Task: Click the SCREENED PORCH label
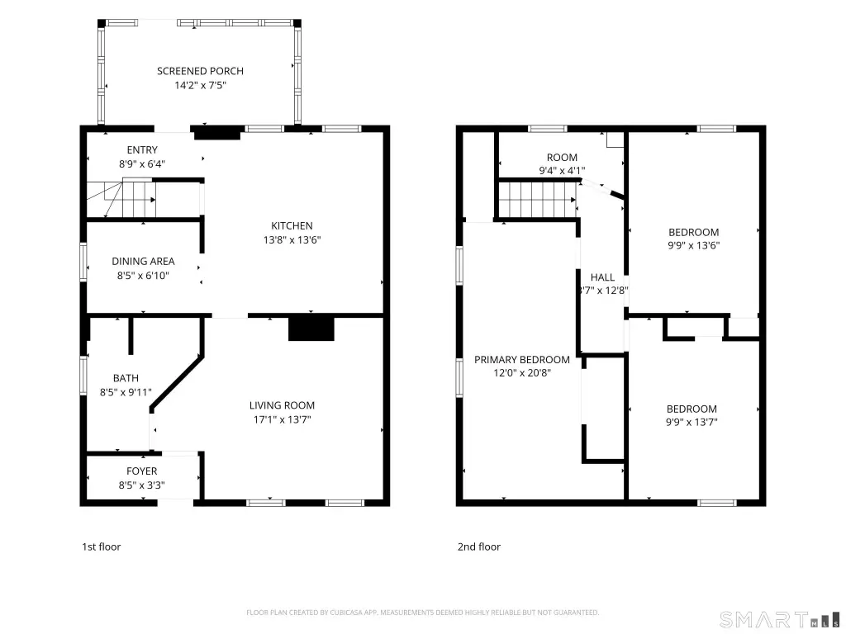(x=200, y=71)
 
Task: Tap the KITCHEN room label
(x=292, y=226)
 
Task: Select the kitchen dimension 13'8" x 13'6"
(x=292, y=240)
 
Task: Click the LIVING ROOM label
(x=282, y=405)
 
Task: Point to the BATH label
(x=126, y=378)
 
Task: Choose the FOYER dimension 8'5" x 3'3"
(x=142, y=485)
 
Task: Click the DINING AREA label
(x=143, y=262)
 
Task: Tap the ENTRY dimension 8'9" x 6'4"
(x=142, y=164)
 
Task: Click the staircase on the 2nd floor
(x=536, y=200)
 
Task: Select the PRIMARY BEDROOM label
(x=522, y=360)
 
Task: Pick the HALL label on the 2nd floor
(x=602, y=277)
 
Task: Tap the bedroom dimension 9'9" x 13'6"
(x=693, y=246)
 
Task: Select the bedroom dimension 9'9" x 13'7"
(x=692, y=423)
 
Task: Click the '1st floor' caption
(x=102, y=546)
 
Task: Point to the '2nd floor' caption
(x=479, y=546)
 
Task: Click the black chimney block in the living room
(x=311, y=329)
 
